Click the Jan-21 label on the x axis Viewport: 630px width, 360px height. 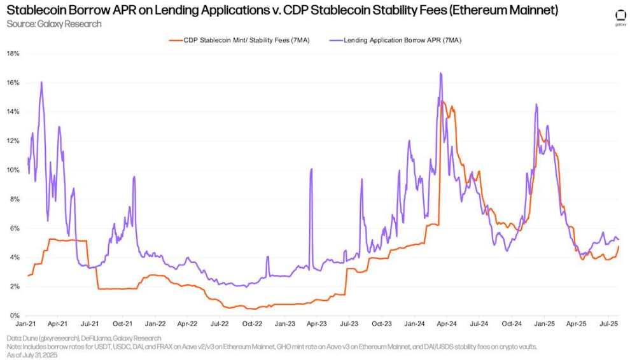click(x=26, y=324)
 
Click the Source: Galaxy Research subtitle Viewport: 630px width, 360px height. click(x=53, y=24)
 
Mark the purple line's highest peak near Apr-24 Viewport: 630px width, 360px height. click(x=440, y=73)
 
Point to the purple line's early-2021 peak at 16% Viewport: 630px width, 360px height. click(x=41, y=82)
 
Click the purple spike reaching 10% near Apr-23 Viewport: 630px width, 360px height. click(x=311, y=169)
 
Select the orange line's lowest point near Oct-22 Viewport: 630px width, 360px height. click(x=253, y=308)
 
